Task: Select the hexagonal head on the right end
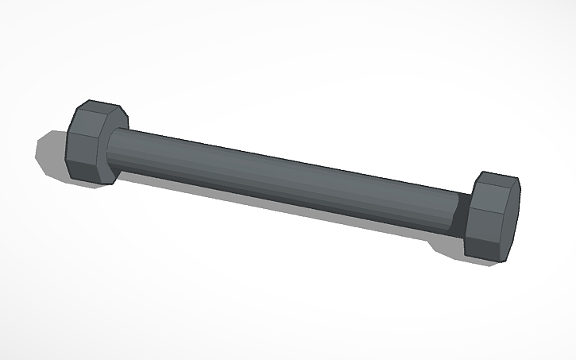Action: [x=493, y=216]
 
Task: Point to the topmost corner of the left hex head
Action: [x=91, y=101]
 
